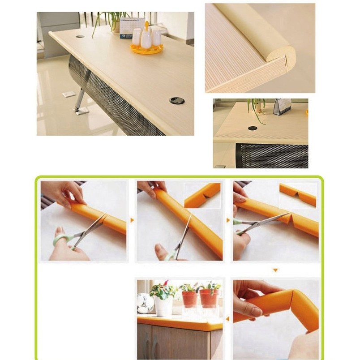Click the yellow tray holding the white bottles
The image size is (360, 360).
click(x=146, y=49)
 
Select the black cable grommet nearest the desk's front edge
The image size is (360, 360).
click(x=177, y=100)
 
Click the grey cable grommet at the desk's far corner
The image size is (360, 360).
click(x=80, y=36)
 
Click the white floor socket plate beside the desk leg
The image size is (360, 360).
click(x=69, y=94)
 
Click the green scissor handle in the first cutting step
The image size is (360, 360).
click(x=61, y=240)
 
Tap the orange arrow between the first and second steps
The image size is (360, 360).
click(x=132, y=220)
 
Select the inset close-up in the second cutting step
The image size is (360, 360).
click(x=202, y=195)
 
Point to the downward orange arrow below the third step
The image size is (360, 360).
click(x=275, y=270)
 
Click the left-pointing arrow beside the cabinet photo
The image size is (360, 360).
click(x=227, y=319)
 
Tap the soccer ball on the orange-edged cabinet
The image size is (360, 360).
click(x=145, y=304)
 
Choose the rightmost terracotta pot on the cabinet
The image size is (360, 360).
click(x=209, y=298)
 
